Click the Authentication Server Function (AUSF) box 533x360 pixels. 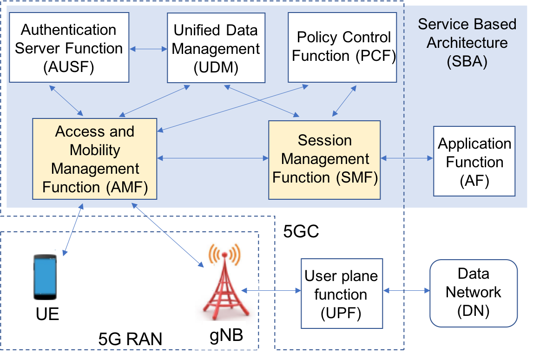69,48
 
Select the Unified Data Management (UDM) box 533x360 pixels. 216,48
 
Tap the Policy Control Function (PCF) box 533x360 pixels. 343,47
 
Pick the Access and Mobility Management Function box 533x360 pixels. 95,159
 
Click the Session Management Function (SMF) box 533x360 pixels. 324,159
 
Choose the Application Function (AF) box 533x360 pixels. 474,161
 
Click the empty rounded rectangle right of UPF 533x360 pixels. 473,293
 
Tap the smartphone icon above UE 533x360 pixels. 45,277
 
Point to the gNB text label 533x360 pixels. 225,335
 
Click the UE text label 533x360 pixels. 47,314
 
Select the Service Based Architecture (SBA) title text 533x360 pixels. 467,43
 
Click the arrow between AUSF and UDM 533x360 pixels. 148,48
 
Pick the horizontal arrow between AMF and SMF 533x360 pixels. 213,159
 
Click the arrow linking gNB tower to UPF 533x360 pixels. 271,291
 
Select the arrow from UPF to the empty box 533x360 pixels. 406,291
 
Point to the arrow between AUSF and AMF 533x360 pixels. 66,100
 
